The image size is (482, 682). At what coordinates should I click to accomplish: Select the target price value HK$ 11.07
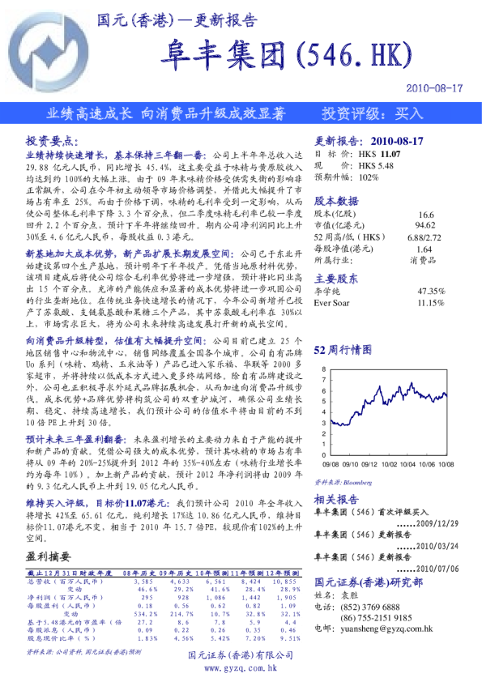[380, 153]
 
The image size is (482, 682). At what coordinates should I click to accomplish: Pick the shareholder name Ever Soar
[331, 302]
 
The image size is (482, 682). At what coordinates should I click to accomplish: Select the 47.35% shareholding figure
[430, 290]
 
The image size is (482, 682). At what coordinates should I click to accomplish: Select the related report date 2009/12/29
[438, 523]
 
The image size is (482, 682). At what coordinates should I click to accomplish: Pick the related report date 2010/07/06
[438, 569]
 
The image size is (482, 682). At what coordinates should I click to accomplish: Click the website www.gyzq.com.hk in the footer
[240, 667]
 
